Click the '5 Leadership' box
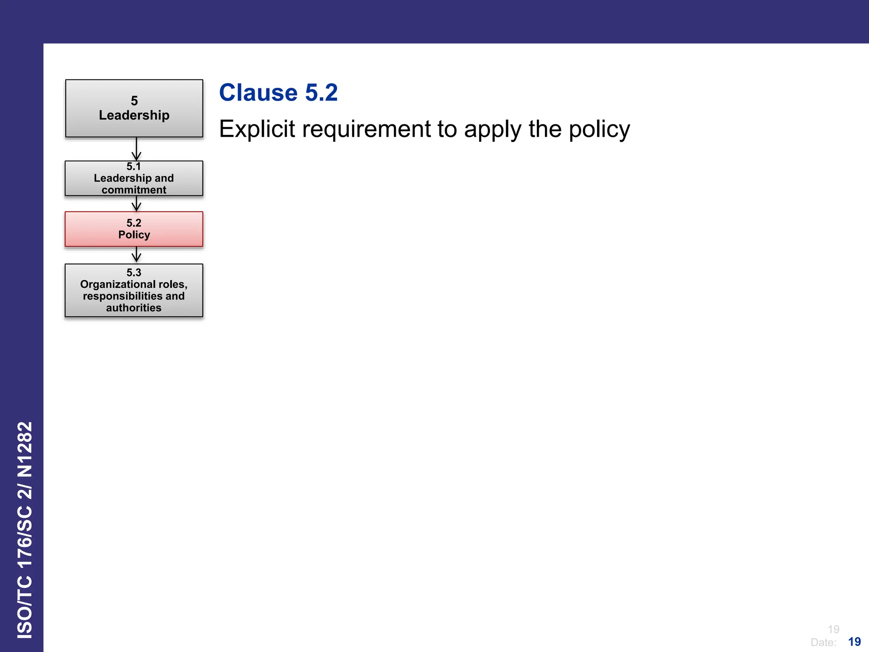pos(134,108)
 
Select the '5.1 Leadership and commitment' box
pos(134,178)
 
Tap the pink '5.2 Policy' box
pos(134,229)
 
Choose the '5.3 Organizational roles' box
pos(134,290)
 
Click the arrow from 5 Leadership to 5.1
pos(136,149)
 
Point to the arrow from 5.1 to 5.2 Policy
pos(136,204)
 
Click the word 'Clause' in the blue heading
pos(258,93)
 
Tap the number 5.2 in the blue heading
pos(321,93)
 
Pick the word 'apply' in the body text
pos(492,129)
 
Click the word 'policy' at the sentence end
pos(599,129)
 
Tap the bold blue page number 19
pos(854,642)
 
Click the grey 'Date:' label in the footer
pos(823,642)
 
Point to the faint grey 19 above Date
pos(833,629)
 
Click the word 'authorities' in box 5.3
pos(134,308)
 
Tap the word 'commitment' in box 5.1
pos(134,190)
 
